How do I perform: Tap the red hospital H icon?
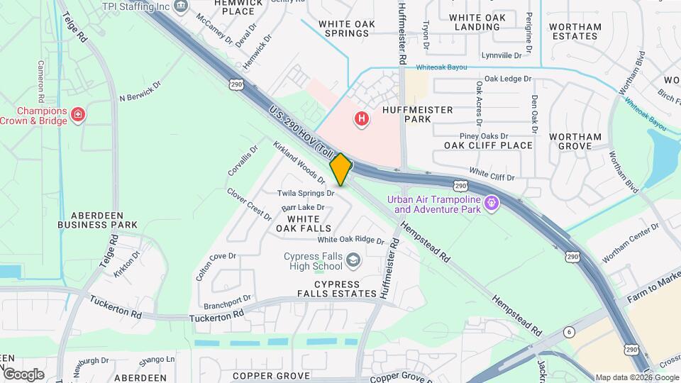362,118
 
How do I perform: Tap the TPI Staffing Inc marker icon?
182,6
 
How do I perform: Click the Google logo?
23,374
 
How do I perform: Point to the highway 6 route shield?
568,333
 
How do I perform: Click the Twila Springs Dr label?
306,192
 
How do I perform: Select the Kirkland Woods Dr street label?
299,162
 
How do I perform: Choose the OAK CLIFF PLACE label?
488,145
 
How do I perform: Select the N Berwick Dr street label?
140,99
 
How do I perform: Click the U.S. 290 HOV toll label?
299,129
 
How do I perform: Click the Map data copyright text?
636,377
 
